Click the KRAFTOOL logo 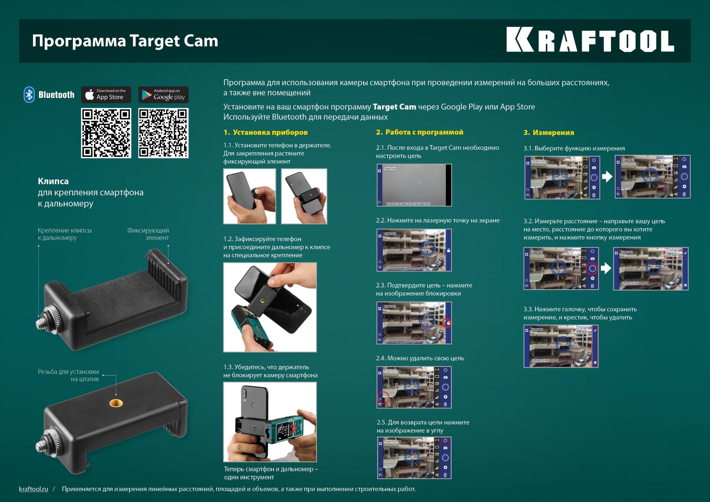click(590, 40)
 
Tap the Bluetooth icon click(29, 95)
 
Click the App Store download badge click(106, 95)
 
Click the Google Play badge click(163, 95)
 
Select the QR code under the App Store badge click(106, 133)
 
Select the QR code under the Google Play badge click(163, 133)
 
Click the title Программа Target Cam click(125, 41)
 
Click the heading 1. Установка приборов click(266, 132)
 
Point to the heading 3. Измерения click(549, 132)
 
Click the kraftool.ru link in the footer click(34, 489)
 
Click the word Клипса click(53, 181)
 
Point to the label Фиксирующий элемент click(148, 234)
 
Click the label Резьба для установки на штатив click(68, 375)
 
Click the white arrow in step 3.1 click(607, 176)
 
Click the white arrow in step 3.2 click(606, 268)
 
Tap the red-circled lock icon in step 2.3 click(447, 323)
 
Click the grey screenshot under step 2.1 click(414, 185)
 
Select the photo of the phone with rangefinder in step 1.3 click(270, 422)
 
